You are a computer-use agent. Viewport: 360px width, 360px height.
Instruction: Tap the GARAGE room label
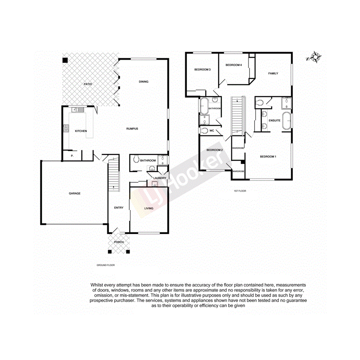click(75, 193)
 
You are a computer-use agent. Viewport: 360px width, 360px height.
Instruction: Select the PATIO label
click(88, 84)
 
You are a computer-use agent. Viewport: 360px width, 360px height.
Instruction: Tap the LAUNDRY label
click(160, 178)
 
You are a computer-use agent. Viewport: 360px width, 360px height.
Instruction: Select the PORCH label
click(119, 242)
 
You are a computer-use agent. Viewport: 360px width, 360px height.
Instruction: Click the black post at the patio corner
click(65, 60)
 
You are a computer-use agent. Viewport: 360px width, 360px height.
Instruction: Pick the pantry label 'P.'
click(71, 156)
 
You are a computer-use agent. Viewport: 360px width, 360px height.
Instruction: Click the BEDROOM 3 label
click(202, 70)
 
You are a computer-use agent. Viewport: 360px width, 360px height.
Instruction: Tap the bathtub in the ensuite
click(287, 121)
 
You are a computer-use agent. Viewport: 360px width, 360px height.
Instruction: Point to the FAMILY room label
click(273, 73)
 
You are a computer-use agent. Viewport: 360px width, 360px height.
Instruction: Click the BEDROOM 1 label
click(268, 156)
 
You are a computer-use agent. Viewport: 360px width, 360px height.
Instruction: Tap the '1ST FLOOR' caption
click(240, 191)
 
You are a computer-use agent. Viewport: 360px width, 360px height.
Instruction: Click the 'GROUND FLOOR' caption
click(105, 265)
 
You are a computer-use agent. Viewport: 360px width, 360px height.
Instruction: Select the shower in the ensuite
click(286, 103)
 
